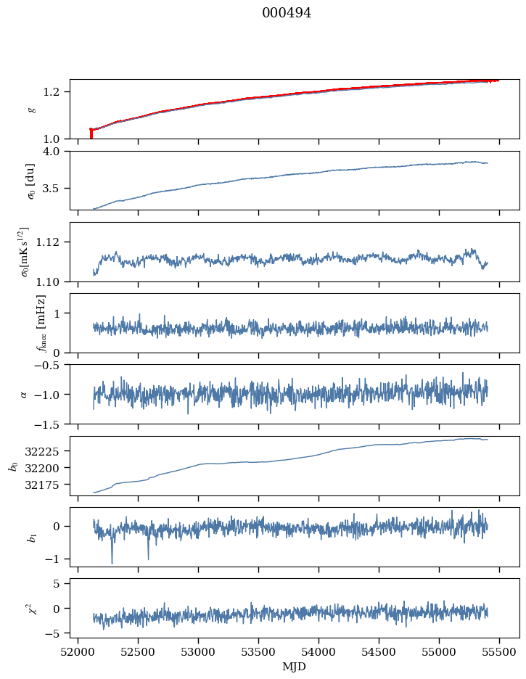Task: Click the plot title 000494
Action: click(287, 13)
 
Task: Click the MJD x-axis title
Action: click(295, 667)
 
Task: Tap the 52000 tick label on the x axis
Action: click(78, 653)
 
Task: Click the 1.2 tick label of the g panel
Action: click(55, 92)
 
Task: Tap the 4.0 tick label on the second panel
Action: click(55, 151)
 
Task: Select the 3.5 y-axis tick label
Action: click(55, 189)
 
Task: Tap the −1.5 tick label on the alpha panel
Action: click(51, 424)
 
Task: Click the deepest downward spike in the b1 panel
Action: click(112, 561)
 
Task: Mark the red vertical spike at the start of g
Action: click(91, 133)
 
